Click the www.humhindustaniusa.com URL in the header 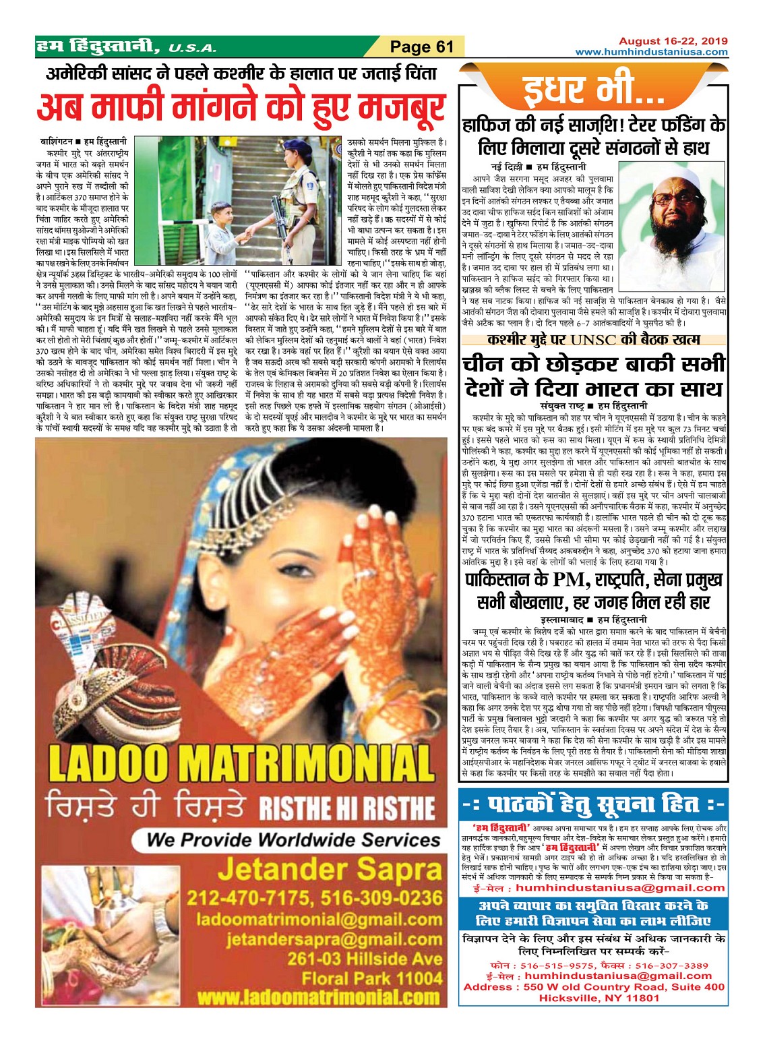[x=651, y=52]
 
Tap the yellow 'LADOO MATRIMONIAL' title [x=241, y=764]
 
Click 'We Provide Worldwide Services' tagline [x=293, y=840]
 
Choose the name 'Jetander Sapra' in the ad [x=329, y=870]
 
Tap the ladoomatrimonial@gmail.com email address [x=319, y=919]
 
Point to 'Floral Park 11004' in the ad [x=372, y=978]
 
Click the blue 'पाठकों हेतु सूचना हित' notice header [x=592, y=805]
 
